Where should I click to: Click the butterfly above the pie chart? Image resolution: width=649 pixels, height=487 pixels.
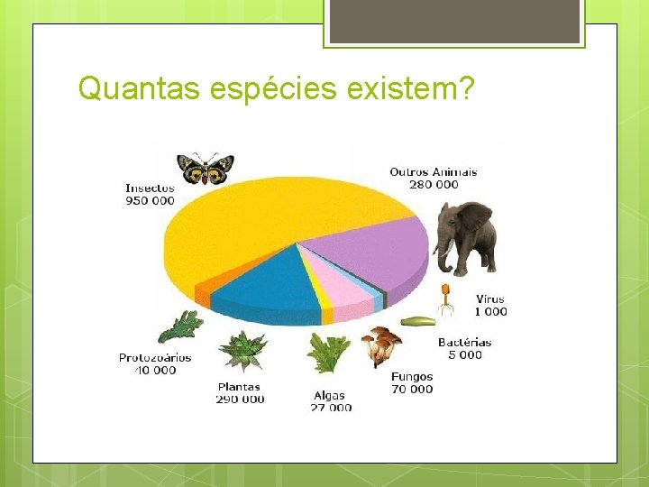point(206,168)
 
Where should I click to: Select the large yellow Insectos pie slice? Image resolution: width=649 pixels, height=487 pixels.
point(270,225)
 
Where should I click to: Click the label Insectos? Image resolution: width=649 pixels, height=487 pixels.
point(150,188)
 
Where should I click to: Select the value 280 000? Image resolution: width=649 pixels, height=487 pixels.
point(433,185)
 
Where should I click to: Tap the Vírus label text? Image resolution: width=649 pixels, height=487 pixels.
point(490,299)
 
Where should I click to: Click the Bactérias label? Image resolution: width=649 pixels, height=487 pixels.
point(464,343)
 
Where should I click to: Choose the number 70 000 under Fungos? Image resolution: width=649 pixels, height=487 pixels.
point(411,390)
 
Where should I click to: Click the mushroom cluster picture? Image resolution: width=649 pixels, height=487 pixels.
point(380,345)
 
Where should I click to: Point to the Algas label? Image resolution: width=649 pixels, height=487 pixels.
point(329,396)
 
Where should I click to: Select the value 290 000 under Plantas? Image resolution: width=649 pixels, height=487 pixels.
point(240,400)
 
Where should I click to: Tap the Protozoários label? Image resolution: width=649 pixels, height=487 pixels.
point(155,358)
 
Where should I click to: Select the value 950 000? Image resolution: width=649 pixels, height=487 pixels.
point(150,201)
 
